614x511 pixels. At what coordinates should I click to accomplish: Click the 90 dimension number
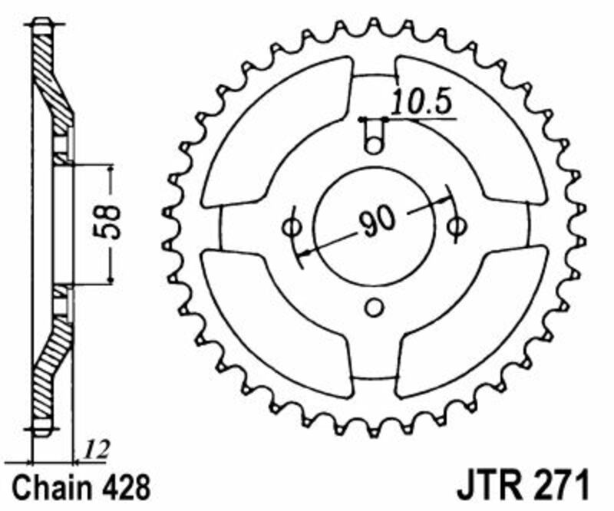point(376,223)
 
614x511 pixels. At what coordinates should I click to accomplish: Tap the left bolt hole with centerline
point(292,226)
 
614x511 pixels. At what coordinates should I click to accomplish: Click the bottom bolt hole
point(374,308)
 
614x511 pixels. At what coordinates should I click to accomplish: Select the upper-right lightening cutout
point(476,130)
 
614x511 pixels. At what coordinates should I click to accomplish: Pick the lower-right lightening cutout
point(476,322)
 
